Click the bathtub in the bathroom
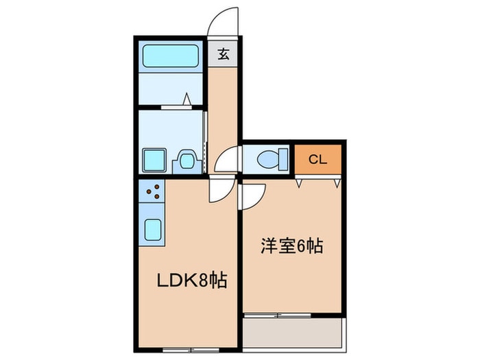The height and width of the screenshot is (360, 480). [171, 55]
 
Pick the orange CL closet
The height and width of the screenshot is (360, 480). [317, 160]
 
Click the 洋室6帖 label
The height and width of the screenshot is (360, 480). [291, 245]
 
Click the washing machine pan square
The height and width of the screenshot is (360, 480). [153, 160]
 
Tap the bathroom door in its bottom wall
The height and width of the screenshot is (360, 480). [176, 106]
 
